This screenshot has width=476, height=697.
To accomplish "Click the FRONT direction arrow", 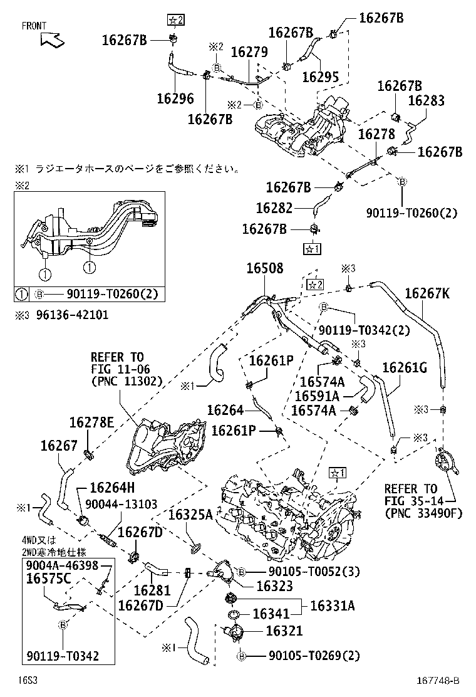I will click(52, 39).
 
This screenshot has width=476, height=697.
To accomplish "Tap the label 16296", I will click(175, 98).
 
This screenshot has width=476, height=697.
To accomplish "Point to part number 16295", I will click(320, 76).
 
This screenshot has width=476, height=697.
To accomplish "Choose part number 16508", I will click(264, 268).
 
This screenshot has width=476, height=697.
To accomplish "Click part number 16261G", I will click(404, 368).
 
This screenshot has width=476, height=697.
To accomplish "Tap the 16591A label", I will click(316, 396).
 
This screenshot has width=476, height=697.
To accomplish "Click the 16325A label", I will click(190, 515).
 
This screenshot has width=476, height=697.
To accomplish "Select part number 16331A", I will click(332, 605).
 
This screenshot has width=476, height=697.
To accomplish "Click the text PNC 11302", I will click(126, 380).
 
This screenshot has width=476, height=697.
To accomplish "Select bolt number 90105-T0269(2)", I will click(314, 656).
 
